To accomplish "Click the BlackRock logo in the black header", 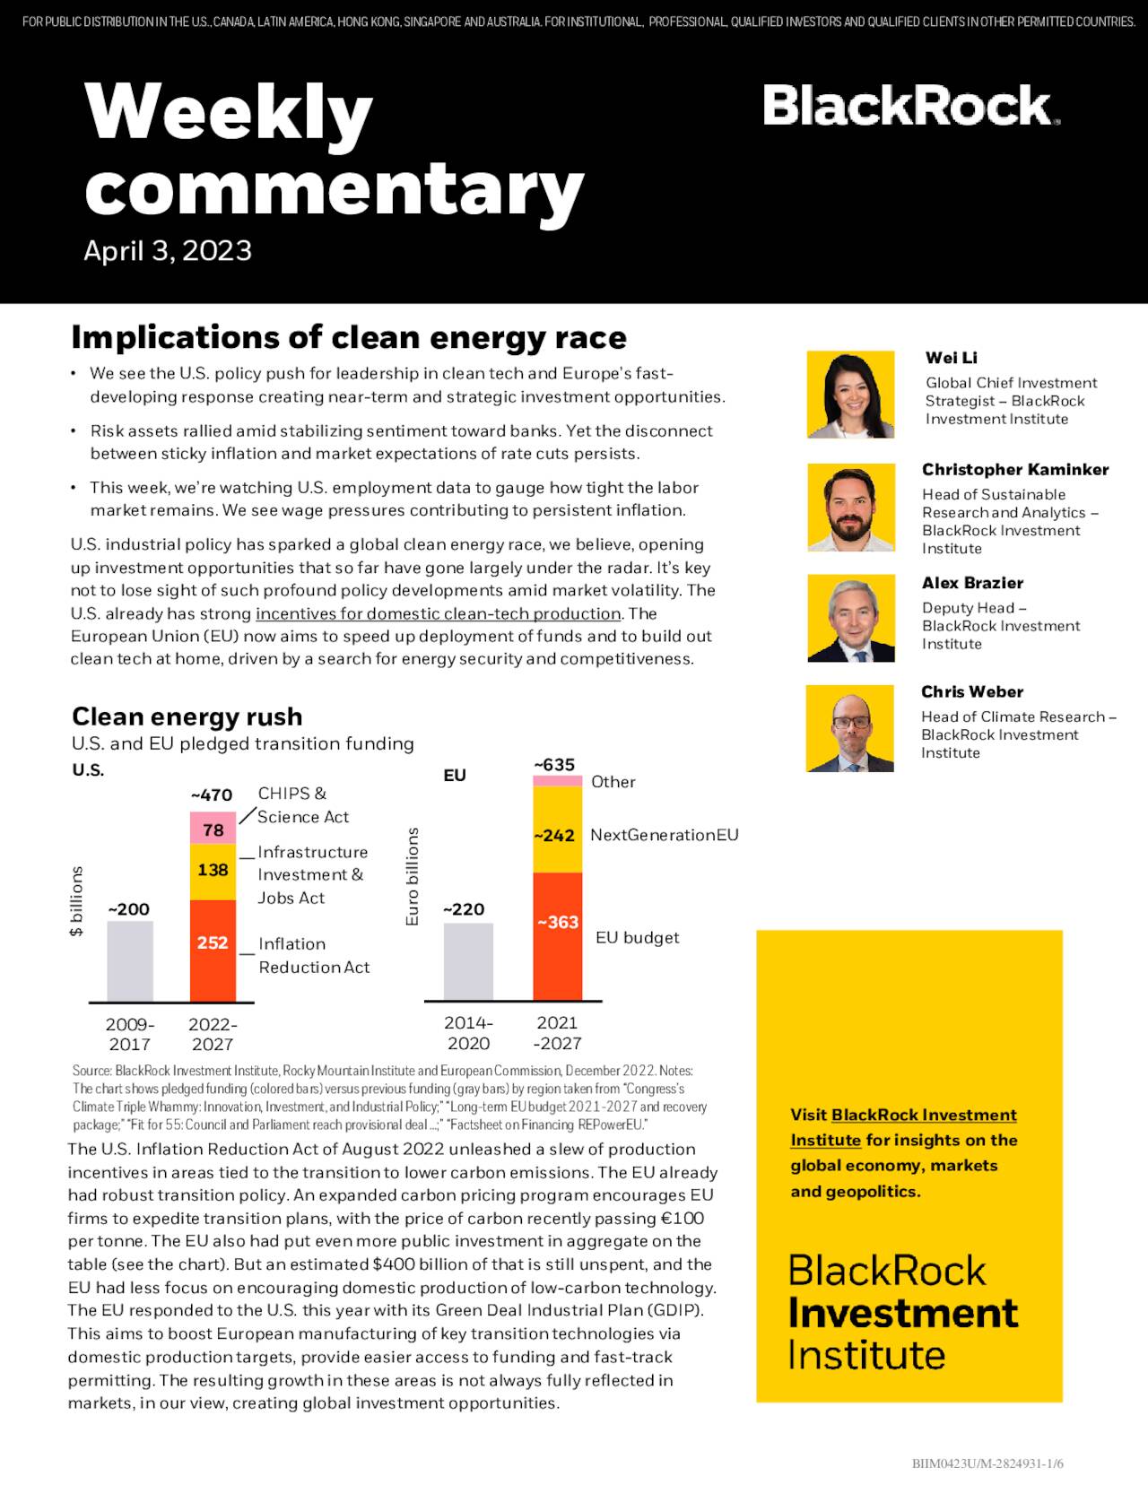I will [910, 106].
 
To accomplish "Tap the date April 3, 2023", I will [168, 250].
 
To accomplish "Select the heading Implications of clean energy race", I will [349, 337].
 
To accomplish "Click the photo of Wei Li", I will [850, 395].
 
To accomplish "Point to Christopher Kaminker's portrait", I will [850, 507].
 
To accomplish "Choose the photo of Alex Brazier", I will [850, 618].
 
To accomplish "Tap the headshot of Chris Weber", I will [849, 728].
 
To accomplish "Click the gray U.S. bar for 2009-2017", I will [130, 960].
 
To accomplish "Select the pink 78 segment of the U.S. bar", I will [213, 829].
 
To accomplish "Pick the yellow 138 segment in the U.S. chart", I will [213, 871].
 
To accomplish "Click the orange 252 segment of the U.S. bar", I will [213, 950].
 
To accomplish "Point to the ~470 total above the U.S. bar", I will [212, 795].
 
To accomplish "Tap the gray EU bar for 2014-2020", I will [468, 960].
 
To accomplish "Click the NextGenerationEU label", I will [664, 835].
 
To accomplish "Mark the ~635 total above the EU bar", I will [554, 765].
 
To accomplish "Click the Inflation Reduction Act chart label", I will [314, 955].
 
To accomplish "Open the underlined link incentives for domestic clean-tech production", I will [438, 613].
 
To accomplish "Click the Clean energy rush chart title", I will [187, 716].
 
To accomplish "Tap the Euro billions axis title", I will [412, 876].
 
